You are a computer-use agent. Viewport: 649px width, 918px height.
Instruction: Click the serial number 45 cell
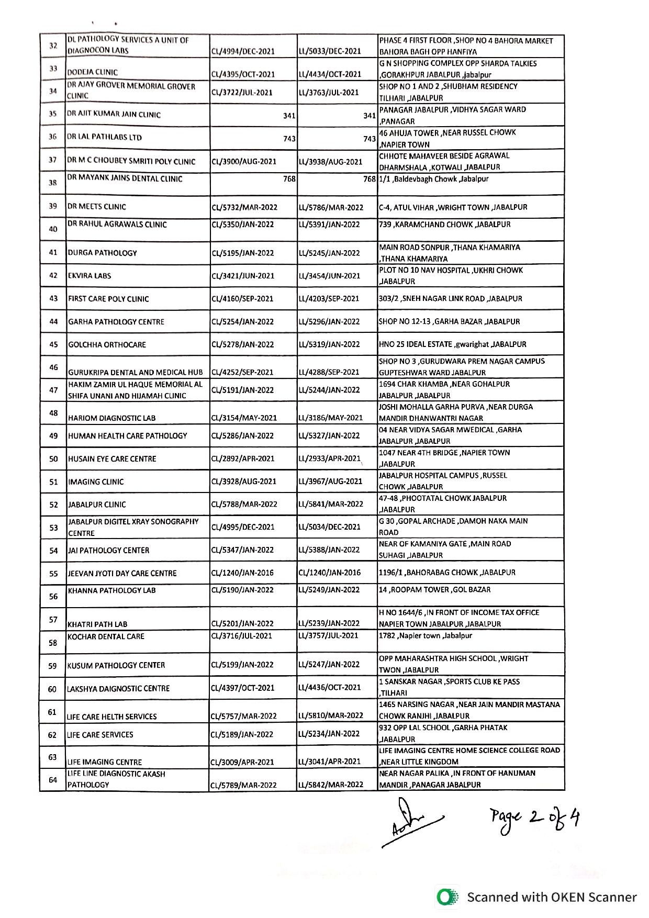pyautogui.click(x=53, y=344)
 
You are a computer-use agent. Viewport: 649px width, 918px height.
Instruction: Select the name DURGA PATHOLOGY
pyautogui.click(x=102, y=253)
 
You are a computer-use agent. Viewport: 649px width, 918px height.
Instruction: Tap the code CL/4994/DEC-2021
pyautogui.click(x=242, y=51)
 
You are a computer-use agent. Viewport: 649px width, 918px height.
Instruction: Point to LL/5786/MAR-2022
pyautogui.click(x=331, y=207)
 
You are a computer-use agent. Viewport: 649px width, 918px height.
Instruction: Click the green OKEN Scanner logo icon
pyautogui.click(x=447, y=897)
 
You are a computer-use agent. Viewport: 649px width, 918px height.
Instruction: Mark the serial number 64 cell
pyautogui.click(x=53, y=780)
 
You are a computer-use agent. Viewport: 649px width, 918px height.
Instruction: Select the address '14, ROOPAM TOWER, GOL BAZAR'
pyautogui.click(x=434, y=590)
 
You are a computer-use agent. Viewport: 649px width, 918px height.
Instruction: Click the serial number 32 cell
pyautogui.click(x=53, y=46)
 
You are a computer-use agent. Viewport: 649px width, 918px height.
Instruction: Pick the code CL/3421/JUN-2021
pyautogui.click(x=242, y=276)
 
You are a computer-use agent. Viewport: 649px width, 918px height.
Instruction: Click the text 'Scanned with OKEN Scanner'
pyautogui.click(x=552, y=897)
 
